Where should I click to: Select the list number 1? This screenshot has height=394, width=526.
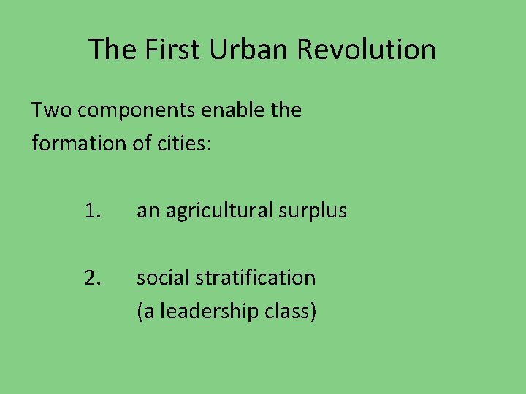tap(91, 212)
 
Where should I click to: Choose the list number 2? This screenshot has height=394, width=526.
tap(91, 277)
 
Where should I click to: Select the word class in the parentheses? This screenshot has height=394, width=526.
tap(292, 312)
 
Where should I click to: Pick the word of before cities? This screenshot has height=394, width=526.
tap(142, 143)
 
